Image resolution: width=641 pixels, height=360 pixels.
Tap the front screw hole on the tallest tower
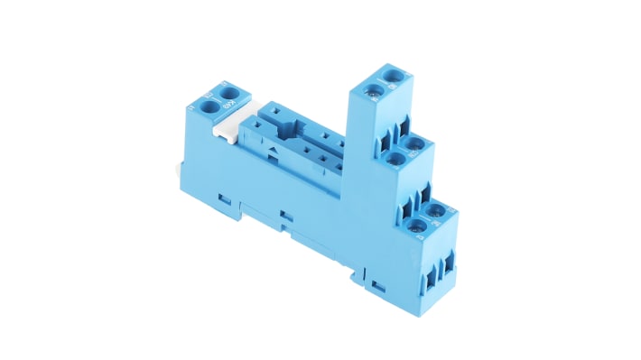[372, 88]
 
